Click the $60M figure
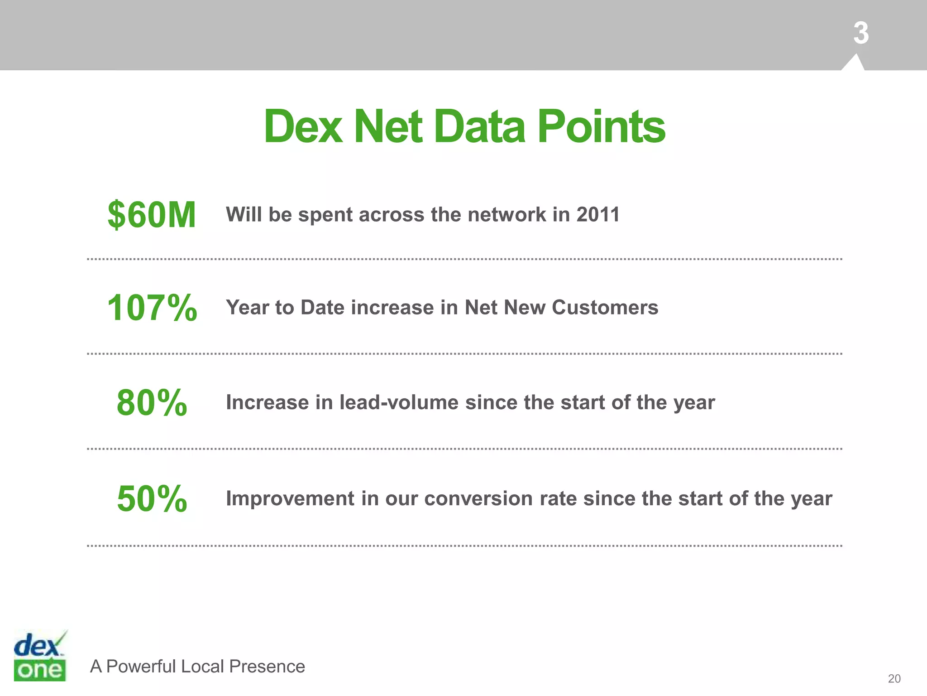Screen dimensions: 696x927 pos(152,215)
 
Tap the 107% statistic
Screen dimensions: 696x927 pos(152,308)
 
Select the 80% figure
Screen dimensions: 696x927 pos(152,402)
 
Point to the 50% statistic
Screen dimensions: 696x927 pos(152,498)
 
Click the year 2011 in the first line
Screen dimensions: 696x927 pos(598,214)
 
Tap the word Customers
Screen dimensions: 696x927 pos(605,308)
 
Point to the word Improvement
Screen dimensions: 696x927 pos(290,499)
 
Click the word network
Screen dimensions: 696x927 pos(507,214)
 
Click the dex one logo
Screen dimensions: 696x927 pos(40,656)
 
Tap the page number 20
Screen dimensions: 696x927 pos(894,678)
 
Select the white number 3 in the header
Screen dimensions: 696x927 pos(861,33)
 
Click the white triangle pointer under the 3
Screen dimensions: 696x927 pos(854,63)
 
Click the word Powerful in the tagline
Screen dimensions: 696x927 pos(141,667)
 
